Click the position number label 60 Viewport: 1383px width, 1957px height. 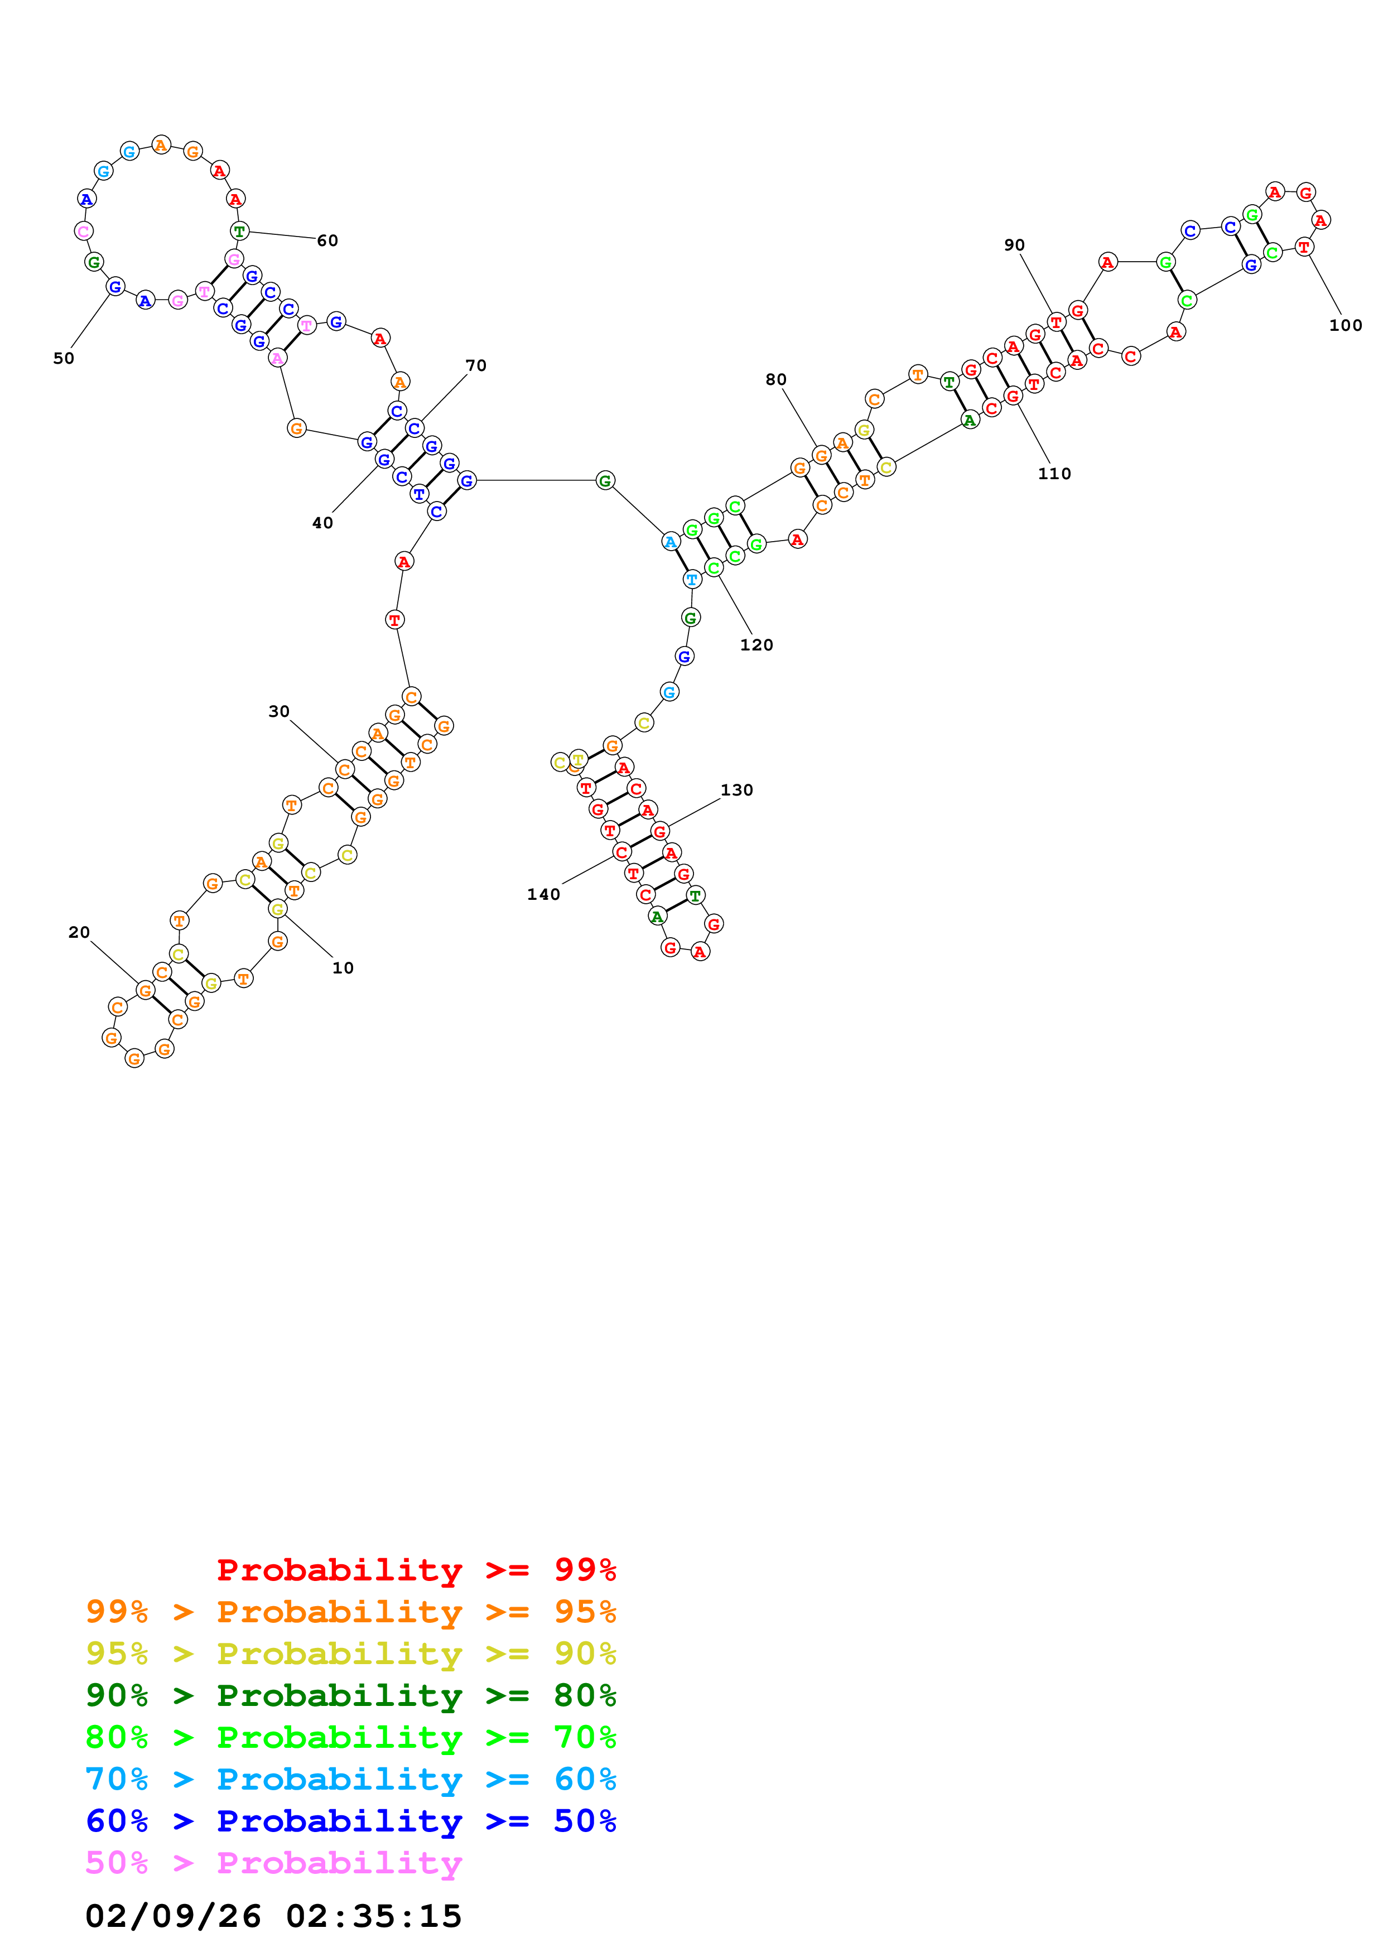coord(327,241)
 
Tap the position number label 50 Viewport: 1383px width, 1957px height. coord(64,359)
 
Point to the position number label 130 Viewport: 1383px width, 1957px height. coord(736,790)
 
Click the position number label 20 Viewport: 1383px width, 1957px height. coord(79,932)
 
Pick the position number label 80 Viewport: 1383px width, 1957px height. coord(775,380)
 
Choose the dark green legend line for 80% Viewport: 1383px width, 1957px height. coord(350,1695)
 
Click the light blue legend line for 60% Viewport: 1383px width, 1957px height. coord(350,1779)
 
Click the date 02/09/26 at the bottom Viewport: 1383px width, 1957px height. coord(173,1916)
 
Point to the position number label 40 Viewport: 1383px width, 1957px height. coord(322,523)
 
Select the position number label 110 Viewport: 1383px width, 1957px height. coord(1054,474)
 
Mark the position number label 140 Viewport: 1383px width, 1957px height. coord(543,895)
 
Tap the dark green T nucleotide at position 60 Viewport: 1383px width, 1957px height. coord(239,231)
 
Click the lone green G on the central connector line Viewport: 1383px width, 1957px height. coord(604,481)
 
